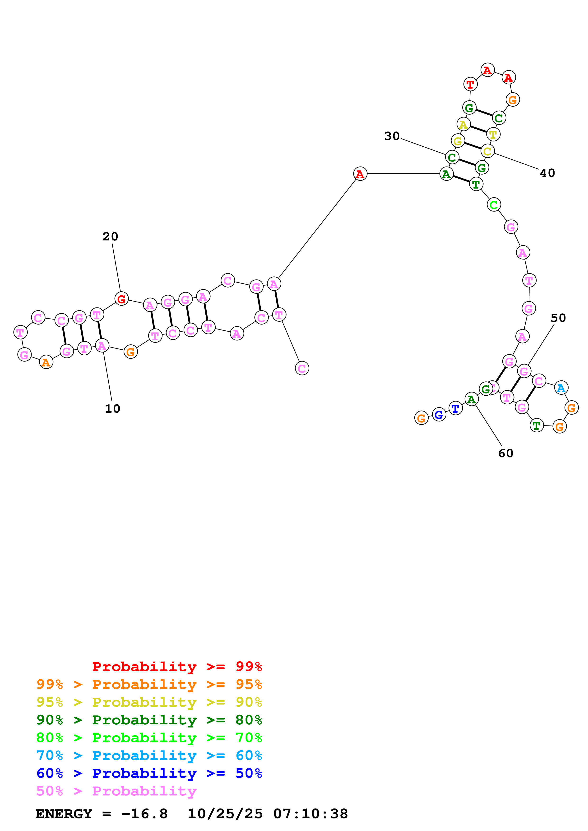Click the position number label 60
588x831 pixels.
pyautogui.click(x=505, y=453)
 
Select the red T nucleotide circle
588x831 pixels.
pyautogui.click(x=470, y=84)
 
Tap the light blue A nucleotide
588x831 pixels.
pyautogui.click(x=561, y=388)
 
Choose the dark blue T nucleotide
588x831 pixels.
pyautogui.click(x=455, y=408)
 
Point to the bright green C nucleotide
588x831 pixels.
pyautogui.click(x=493, y=205)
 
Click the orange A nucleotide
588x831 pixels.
pyautogui.click(x=46, y=362)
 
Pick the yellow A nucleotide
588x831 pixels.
pyautogui.click(x=463, y=125)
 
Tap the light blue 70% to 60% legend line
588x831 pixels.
pyautogui.click(x=149, y=755)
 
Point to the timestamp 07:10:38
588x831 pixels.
pyautogui.click(x=310, y=814)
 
